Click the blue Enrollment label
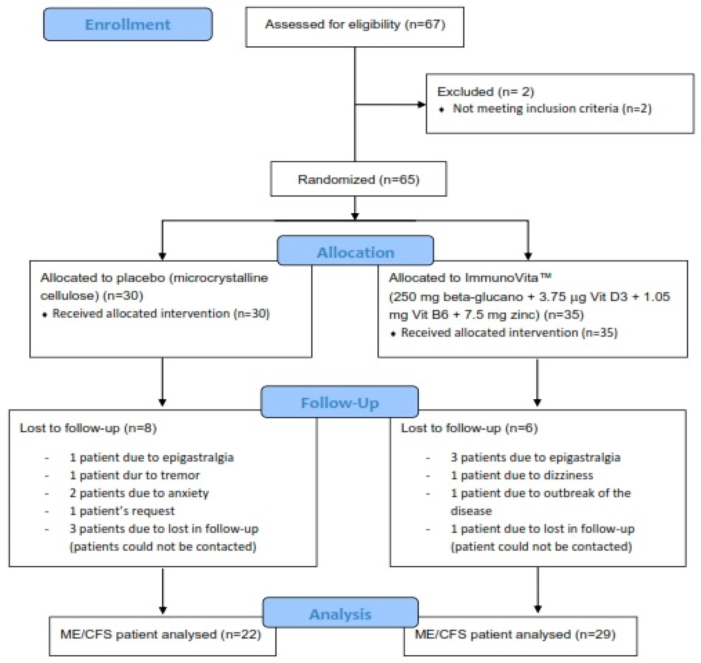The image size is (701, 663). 128,24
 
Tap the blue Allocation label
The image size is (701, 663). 356,252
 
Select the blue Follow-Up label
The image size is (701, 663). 340,402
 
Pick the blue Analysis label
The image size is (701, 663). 340,614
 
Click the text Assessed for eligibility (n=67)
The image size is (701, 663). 355,24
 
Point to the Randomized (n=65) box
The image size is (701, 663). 358,179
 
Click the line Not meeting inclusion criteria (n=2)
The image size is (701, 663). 552,109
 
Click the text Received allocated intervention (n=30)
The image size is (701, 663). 161,313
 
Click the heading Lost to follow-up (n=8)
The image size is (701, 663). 88,428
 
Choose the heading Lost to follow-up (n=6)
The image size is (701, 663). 469,428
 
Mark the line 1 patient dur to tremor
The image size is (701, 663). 135,475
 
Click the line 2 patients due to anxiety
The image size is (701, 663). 139,493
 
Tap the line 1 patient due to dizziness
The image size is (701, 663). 522,475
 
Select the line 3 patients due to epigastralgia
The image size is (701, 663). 535,457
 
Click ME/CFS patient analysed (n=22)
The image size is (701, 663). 161,634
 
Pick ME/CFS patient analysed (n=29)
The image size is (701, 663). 515,634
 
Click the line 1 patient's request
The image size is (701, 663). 122,511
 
